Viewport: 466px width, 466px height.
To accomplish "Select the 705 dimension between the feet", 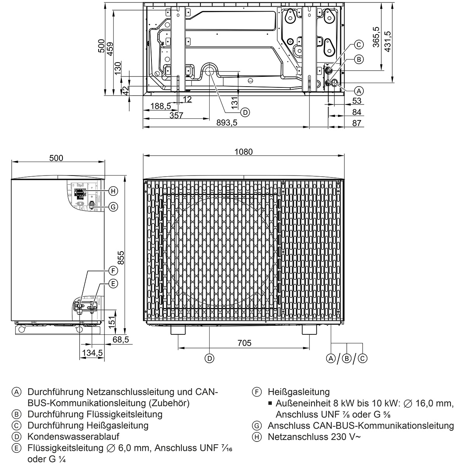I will point(244,343).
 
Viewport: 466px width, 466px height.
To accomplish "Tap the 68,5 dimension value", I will point(121,340).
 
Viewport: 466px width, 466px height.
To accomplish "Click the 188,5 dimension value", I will point(161,106).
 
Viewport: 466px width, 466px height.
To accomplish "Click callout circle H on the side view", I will point(113,191).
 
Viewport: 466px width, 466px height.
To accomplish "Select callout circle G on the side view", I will point(113,207).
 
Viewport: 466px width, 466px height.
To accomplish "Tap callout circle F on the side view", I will point(113,271).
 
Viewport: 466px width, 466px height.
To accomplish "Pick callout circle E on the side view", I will point(113,284).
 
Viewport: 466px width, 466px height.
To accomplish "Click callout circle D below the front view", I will point(209,358).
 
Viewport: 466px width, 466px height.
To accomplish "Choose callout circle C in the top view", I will point(359,45).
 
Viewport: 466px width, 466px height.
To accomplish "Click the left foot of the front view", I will point(178,329).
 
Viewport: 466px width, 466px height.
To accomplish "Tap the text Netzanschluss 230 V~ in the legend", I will point(314,436).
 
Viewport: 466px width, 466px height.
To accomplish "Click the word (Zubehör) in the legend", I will point(167,403).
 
